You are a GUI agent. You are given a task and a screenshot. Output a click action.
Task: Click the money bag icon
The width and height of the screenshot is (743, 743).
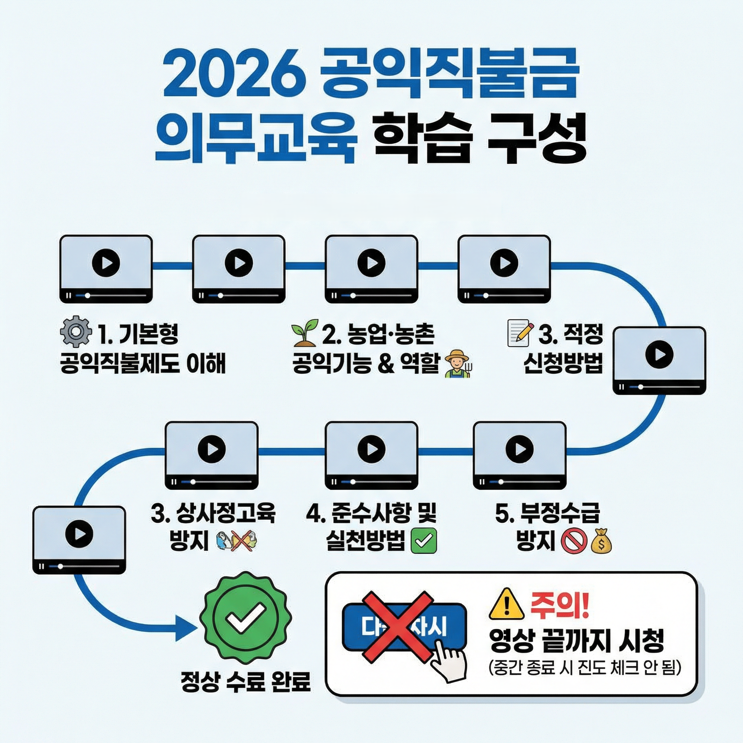click(x=600, y=542)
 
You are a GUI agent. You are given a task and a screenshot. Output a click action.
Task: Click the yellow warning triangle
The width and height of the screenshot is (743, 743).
click(x=506, y=603)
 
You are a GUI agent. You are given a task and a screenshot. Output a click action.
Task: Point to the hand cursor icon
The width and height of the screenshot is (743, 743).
click(x=448, y=661)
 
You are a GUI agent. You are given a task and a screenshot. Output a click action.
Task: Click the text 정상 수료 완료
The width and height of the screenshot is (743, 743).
click(x=245, y=682)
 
